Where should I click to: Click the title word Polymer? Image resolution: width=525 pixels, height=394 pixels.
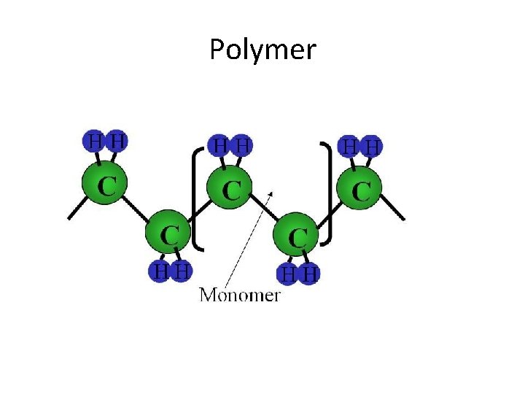(x=262, y=50)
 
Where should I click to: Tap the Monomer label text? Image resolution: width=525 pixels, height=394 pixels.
(x=240, y=295)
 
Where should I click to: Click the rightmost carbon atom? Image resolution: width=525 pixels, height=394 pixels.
(x=361, y=190)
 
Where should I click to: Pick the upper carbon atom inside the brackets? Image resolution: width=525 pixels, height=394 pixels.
(x=230, y=190)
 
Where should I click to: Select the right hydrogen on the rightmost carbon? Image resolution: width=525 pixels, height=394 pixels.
(x=372, y=147)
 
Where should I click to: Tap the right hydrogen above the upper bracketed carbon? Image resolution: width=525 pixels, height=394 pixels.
(x=243, y=146)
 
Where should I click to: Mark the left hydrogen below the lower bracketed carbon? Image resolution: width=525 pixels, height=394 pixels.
(x=289, y=274)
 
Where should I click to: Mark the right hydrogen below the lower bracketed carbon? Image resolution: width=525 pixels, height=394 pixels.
(x=310, y=275)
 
